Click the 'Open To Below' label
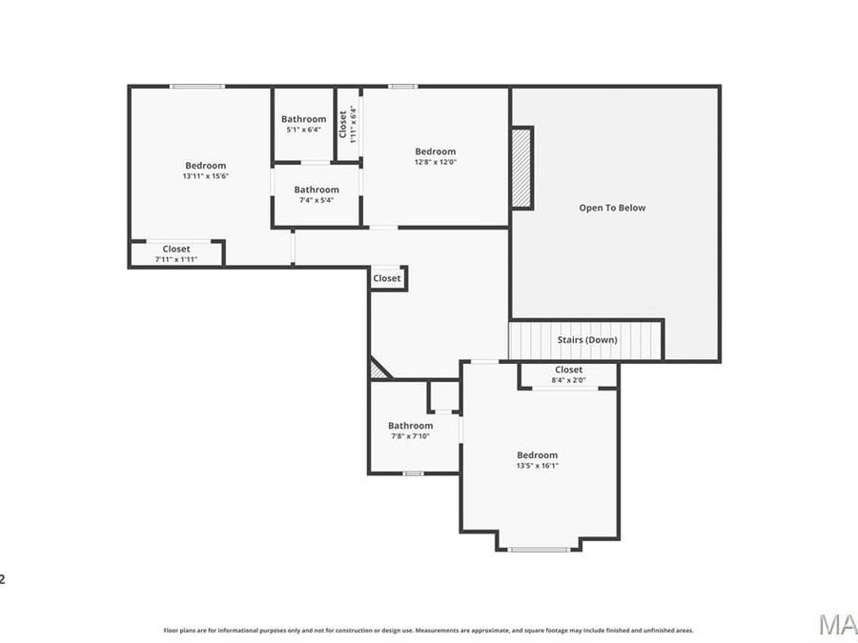pyautogui.click(x=612, y=208)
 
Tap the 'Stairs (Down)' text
pyautogui.click(x=586, y=340)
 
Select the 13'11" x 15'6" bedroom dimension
pyautogui.click(x=206, y=176)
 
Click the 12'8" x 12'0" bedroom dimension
pyautogui.click(x=435, y=162)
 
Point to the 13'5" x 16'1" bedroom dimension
pyautogui.click(x=537, y=466)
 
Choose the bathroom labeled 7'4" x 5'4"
pyautogui.click(x=316, y=194)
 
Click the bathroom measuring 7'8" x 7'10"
pyautogui.click(x=410, y=431)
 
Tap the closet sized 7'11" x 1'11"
pyautogui.click(x=176, y=253)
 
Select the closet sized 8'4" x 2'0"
pyautogui.click(x=568, y=374)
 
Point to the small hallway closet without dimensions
pyautogui.click(x=387, y=278)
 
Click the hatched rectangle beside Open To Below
pyautogui.click(x=521, y=168)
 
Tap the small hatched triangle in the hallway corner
pyautogui.click(x=377, y=370)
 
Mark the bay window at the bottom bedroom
pyautogui.click(x=538, y=549)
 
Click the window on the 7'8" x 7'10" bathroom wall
pyautogui.click(x=412, y=473)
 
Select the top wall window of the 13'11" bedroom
pyautogui.click(x=197, y=87)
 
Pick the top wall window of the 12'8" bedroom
pyautogui.click(x=402, y=87)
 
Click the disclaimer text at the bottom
pyautogui.click(x=428, y=630)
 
